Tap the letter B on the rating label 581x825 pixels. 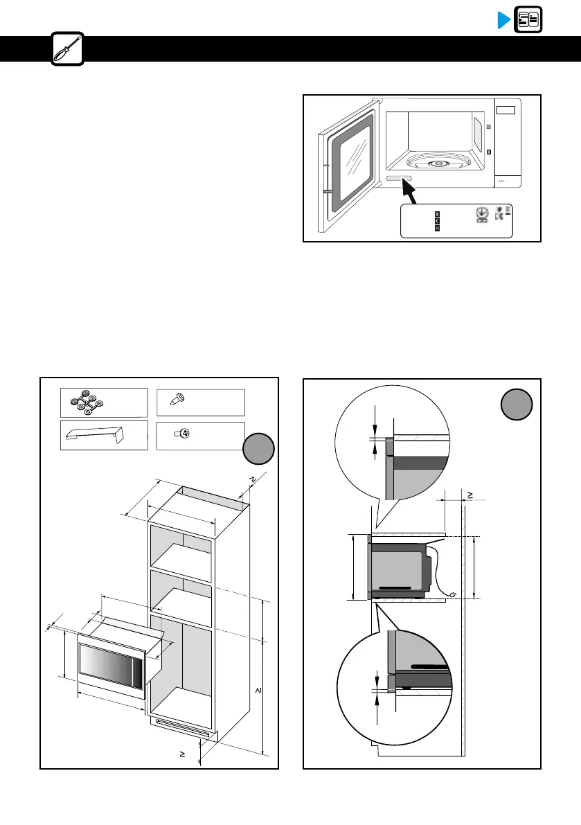437,214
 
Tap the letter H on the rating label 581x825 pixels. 437,229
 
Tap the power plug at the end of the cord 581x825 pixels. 452,594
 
